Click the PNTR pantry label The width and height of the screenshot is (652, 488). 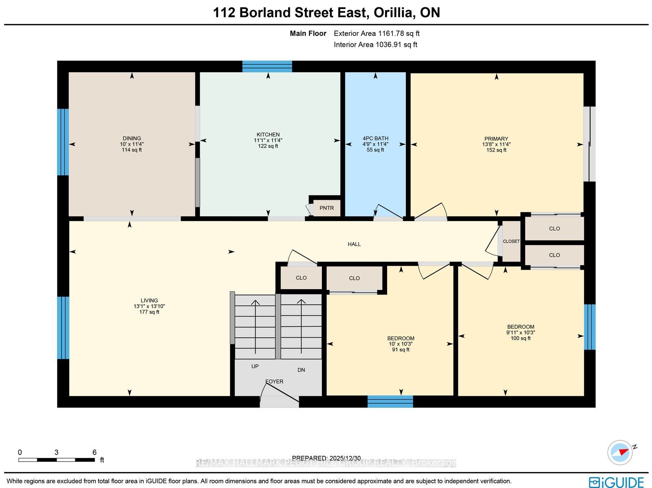click(x=326, y=208)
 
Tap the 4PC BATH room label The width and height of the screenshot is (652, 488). click(x=375, y=138)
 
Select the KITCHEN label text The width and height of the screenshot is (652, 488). click(x=268, y=134)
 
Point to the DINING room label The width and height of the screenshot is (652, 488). click(x=132, y=138)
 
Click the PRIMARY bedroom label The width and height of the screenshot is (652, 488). click(x=496, y=138)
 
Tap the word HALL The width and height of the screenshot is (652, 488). click(x=354, y=244)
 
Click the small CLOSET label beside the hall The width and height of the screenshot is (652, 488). click(x=511, y=241)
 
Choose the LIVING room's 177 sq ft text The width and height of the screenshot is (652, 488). click(x=149, y=312)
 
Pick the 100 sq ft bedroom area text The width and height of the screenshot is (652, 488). click(x=520, y=338)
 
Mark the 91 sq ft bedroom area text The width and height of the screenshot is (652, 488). click(x=401, y=350)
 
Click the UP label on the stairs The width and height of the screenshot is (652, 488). click(x=255, y=366)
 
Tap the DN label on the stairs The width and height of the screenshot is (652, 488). click(x=301, y=370)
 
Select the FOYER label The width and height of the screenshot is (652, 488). click(x=274, y=381)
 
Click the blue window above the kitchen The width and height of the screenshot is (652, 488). click(x=267, y=66)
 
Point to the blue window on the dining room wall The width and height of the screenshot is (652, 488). click(x=63, y=142)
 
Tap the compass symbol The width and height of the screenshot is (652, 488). click(x=620, y=453)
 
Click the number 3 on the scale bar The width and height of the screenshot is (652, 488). click(x=56, y=453)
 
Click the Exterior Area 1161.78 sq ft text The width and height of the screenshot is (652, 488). click(x=377, y=33)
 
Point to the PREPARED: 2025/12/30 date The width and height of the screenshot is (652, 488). click(x=326, y=458)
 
